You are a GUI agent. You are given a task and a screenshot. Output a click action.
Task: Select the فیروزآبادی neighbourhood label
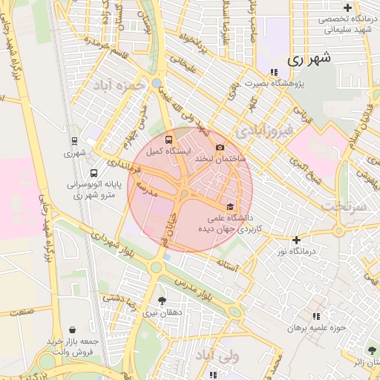(x=264, y=131)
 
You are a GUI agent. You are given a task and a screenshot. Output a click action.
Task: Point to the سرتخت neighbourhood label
(x=345, y=207)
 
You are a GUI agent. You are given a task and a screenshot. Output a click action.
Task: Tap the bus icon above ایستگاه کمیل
(x=168, y=139)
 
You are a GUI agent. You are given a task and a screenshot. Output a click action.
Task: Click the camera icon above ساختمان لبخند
(x=220, y=147)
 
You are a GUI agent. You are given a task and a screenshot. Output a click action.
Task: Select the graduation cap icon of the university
(x=230, y=206)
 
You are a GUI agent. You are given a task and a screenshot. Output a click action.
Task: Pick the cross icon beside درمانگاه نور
(x=296, y=240)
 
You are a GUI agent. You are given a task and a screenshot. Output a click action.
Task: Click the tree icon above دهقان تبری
(x=162, y=301)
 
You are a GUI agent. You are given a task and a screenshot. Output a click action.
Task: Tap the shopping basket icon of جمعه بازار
(x=71, y=330)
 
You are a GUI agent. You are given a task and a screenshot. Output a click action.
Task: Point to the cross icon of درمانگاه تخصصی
(x=348, y=7)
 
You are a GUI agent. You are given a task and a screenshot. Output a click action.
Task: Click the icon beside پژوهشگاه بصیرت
(x=274, y=73)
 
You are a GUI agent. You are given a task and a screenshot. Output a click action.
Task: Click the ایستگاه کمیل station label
(x=167, y=151)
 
